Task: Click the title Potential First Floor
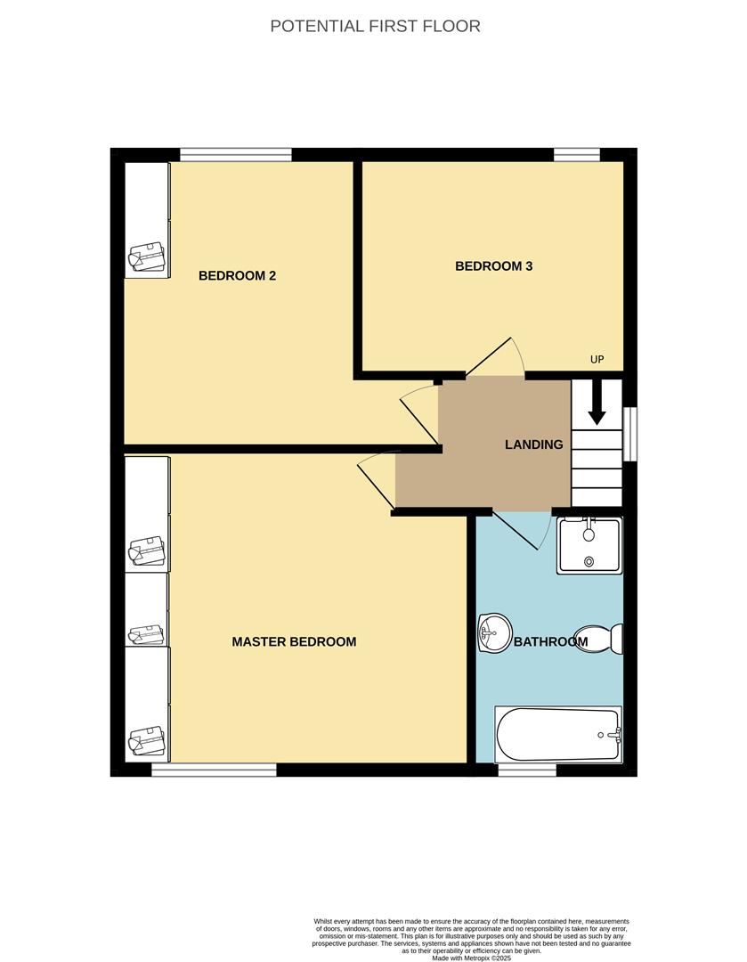pyautogui.click(x=375, y=26)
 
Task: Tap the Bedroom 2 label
pyautogui.click(x=237, y=275)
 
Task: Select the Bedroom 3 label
pyautogui.click(x=493, y=265)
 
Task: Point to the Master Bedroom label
pyautogui.click(x=294, y=641)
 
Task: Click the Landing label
pyautogui.click(x=534, y=444)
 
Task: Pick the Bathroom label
pyautogui.click(x=550, y=641)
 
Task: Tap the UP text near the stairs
pyautogui.click(x=597, y=360)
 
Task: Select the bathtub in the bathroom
pyautogui.click(x=558, y=735)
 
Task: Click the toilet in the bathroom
pyautogui.click(x=602, y=639)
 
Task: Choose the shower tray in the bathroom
pyautogui.click(x=589, y=545)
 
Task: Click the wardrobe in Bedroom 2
pyautogui.click(x=147, y=219)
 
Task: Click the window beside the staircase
pyautogui.click(x=630, y=434)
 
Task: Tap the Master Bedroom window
pyautogui.click(x=214, y=770)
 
